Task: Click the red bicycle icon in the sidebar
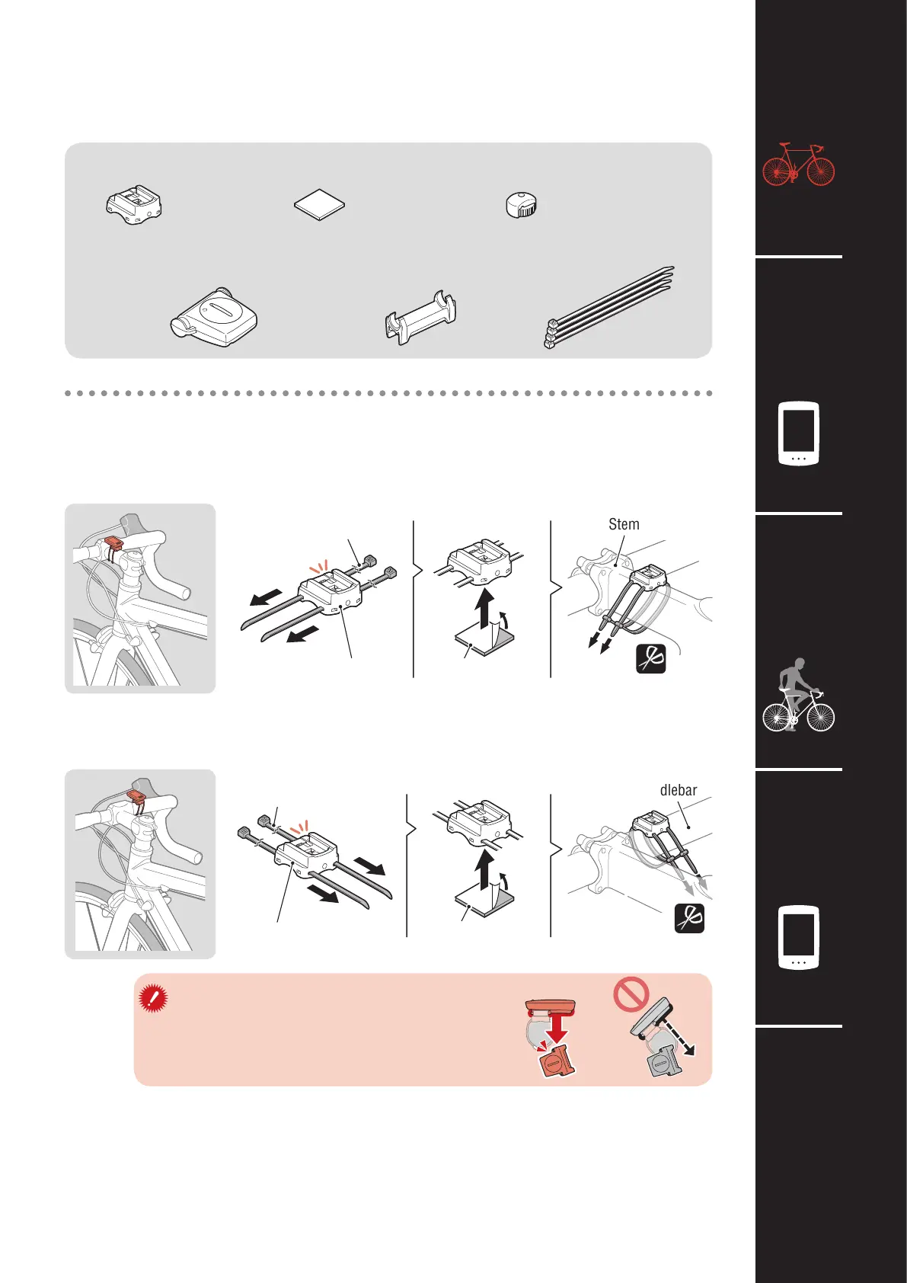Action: tap(798, 165)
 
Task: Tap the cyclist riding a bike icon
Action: tap(798, 695)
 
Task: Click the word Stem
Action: tap(624, 524)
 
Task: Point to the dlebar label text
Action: tap(679, 790)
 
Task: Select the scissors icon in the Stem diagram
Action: tap(651, 659)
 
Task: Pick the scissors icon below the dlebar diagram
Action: tap(689, 918)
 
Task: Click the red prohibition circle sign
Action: tap(631, 994)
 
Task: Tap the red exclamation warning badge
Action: tap(153, 999)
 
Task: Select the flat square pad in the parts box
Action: tap(319, 205)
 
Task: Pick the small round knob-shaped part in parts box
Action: tap(522, 205)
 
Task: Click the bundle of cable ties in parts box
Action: tap(609, 307)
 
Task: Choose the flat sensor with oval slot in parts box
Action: tap(214, 317)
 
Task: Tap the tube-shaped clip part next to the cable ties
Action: tap(421, 317)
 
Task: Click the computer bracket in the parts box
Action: tap(134, 204)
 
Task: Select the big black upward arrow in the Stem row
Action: tap(485, 610)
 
